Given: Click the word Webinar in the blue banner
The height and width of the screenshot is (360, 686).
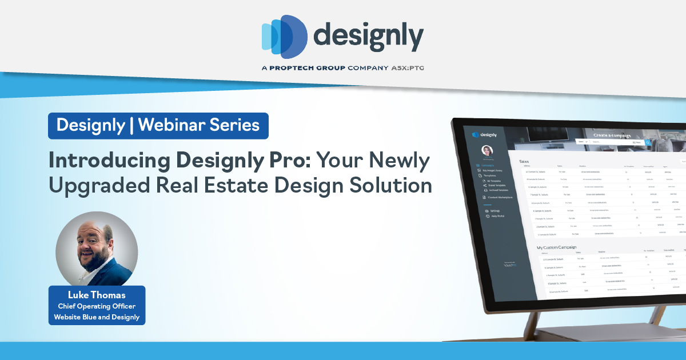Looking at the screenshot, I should (171, 125).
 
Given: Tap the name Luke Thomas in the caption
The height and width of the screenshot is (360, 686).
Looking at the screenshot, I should (97, 295).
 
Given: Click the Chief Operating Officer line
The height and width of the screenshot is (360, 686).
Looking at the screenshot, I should (97, 306).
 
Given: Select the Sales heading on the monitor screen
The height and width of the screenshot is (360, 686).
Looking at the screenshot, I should (524, 162).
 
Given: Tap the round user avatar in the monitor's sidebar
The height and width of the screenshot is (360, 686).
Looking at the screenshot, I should (487, 150).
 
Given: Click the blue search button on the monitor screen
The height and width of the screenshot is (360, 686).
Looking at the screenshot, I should (648, 142).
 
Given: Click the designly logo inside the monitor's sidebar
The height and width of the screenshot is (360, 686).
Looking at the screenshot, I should (484, 135).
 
